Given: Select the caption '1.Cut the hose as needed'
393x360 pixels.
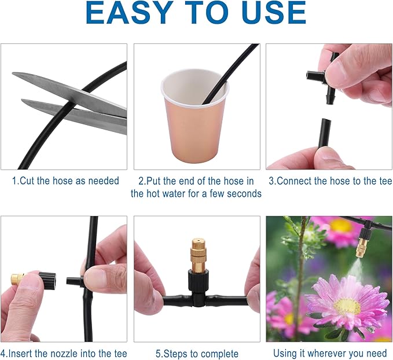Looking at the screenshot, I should (65, 181).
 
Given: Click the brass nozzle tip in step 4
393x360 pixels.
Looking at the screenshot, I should (18, 280).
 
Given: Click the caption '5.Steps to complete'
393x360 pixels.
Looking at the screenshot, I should (197, 353).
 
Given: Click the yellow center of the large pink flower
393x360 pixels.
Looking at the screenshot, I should (347, 306).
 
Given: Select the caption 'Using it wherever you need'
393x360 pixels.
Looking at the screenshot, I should (329, 353).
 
